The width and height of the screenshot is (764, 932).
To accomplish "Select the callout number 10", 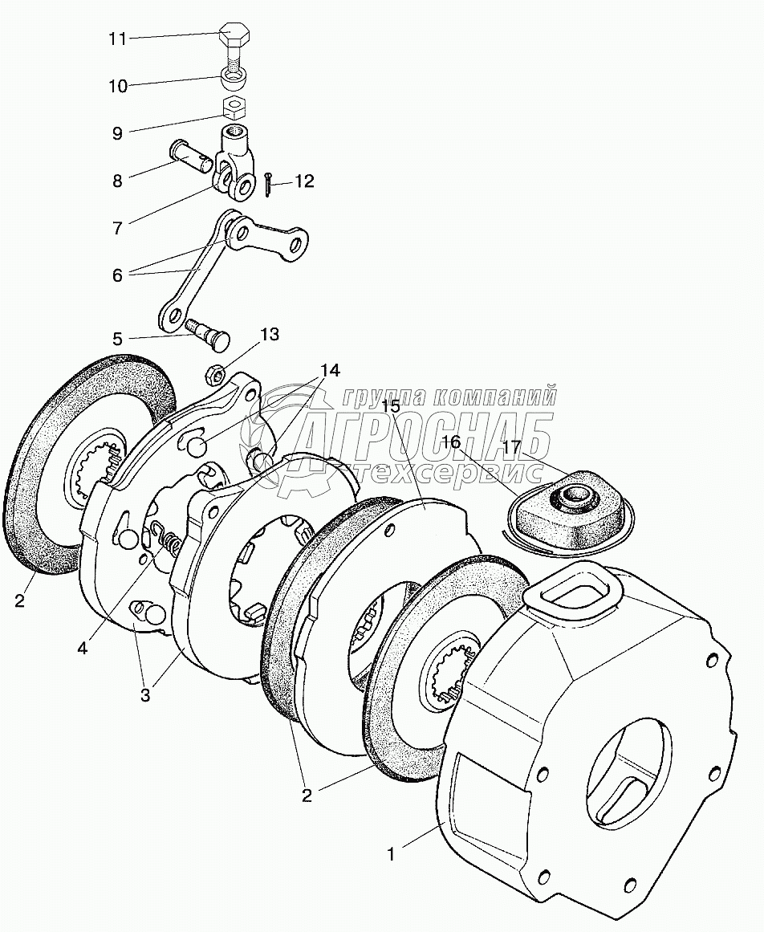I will point(118,86).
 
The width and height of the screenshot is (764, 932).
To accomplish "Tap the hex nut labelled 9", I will point(233,106).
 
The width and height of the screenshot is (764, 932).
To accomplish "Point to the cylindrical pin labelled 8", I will point(191,156).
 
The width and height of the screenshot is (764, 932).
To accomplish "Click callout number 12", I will point(303,182).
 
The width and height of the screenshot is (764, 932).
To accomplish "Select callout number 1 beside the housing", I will point(392,854).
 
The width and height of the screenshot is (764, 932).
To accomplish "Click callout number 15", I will point(391,405).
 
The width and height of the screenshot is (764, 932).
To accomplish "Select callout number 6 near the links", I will point(117,275).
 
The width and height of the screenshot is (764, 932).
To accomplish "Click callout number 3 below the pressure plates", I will point(145,695).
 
